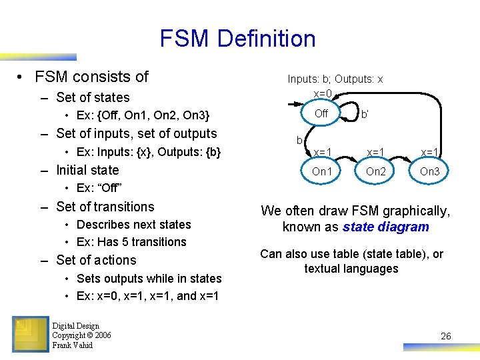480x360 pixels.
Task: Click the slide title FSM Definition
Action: pyautogui.click(x=237, y=39)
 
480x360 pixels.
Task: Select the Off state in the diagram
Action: pyautogui.click(x=321, y=113)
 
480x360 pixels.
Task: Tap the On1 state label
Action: pyautogui.click(x=322, y=171)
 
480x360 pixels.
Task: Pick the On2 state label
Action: pyautogui.click(x=376, y=171)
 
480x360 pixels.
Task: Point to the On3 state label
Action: pyautogui.click(x=429, y=171)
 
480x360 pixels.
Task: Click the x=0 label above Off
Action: pyautogui.click(x=323, y=93)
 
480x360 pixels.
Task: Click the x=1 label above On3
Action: pyautogui.click(x=429, y=152)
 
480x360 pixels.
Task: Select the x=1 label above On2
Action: pyautogui.click(x=376, y=152)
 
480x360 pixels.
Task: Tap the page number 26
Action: pyautogui.click(x=446, y=336)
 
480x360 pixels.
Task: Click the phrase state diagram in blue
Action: pyautogui.click(x=386, y=227)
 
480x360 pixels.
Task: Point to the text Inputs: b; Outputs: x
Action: pyautogui.click(x=335, y=79)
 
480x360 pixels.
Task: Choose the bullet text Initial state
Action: pyautogui.click(x=87, y=170)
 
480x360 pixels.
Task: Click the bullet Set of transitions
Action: pyautogui.click(x=105, y=207)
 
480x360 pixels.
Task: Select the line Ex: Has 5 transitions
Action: pyautogui.click(x=131, y=242)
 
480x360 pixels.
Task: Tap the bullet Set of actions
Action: pyautogui.click(x=96, y=260)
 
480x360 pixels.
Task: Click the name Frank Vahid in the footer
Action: pyautogui.click(x=73, y=345)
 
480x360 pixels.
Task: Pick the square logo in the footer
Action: pyautogui.click(x=30, y=333)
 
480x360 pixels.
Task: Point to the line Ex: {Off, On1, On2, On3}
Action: pyautogui.click(x=143, y=115)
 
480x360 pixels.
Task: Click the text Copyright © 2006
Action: pyautogui.click(x=81, y=335)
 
